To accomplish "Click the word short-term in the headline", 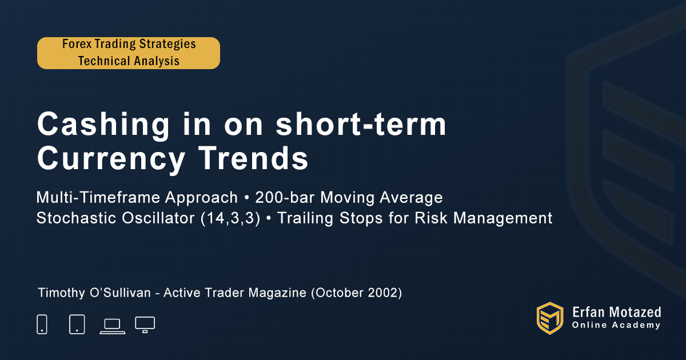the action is (x=361, y=124).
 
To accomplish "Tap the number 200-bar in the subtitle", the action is (x=285, y=198).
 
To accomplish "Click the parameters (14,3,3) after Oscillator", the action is (x=230, y=218).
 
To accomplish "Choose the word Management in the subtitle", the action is (x=502, y=218).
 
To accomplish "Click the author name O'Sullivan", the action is (x=121, y=293).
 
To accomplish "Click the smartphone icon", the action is (x=42, y=324).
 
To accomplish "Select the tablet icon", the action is (x=77, y=324).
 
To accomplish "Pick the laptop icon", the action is (x=113, y=326).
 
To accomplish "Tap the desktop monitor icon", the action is (x=145, y=325).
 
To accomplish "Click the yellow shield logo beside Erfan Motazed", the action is (x=550, y=318).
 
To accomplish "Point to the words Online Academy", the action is (x=616, y=325).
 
